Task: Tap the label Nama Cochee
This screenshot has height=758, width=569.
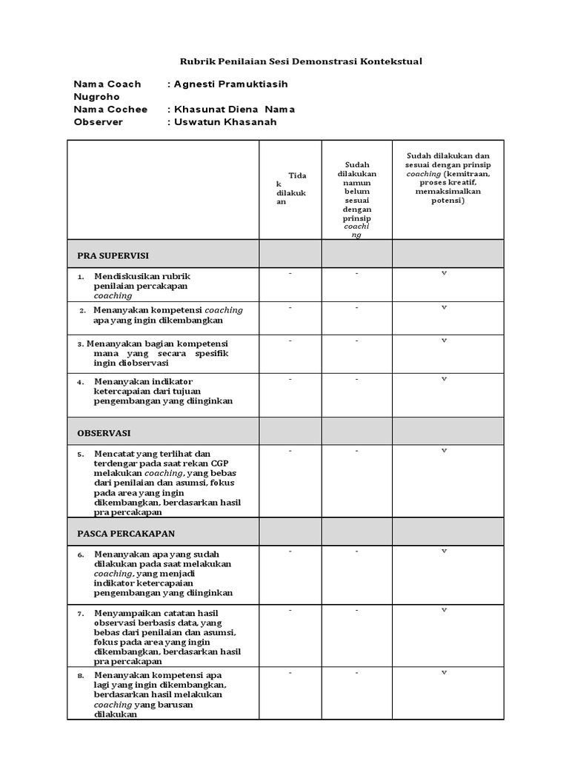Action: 110,110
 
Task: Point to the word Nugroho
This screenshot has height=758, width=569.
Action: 96,97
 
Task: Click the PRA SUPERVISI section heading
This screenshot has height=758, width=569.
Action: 113,255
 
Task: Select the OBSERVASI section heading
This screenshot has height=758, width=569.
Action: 104,432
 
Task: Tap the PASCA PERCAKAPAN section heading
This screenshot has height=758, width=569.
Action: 126,533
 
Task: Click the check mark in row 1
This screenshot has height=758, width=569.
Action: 445,274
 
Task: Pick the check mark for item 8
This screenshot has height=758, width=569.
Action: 445,673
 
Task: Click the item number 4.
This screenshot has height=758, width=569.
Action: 80,382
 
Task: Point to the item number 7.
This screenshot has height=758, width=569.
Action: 80,614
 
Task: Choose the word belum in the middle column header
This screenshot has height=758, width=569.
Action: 356,191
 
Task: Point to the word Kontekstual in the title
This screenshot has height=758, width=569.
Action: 390,61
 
